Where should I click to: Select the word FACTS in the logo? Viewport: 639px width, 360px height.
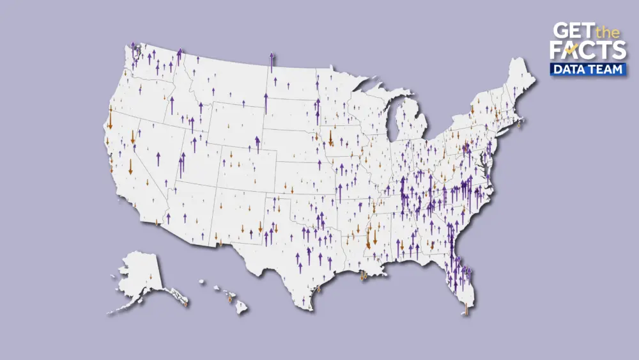pyautogui.click(x=587, y=51)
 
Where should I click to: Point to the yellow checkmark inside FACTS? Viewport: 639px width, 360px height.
pyautogui.click(x=573, y=49)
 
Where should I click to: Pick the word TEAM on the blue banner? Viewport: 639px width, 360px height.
pyautogui.click(x=605, y=69)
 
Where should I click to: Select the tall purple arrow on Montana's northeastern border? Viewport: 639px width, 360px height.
pyautogui.click(x=272, y=62)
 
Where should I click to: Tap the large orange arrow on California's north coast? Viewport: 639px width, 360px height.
pyautogui.click(x=111, y=118)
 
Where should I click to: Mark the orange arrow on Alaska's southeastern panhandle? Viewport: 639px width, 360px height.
pyautogui.click(x=185, y=302)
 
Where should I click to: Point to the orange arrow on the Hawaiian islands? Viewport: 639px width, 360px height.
pyautogui.click(x=229, y=298)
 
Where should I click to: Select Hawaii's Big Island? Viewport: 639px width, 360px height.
pyautogui.click(x=241, y=308)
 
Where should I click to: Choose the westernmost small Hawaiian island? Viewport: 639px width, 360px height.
pyautogui.click(x=200, y=281)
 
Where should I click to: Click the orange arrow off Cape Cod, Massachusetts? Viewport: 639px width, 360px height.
pyautogui.click(x=520, y=123)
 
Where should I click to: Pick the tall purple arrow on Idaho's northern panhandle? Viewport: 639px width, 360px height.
pyautogui.click(x=180, y=56)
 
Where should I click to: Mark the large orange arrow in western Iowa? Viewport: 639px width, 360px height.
pyautogui.click(x=330, y=138)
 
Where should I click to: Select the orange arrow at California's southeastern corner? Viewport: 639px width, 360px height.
pyautogui.click(x=157, y=222)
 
